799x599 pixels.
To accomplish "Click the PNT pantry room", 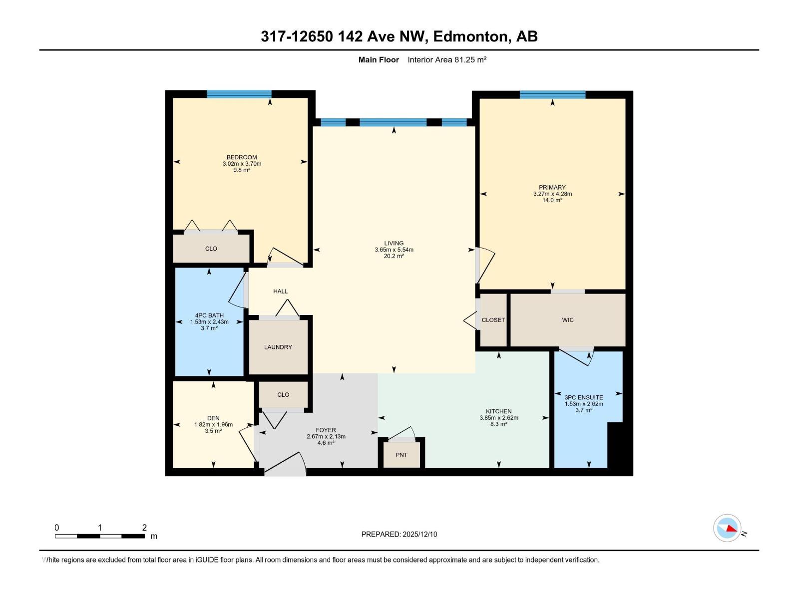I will click(401, 455).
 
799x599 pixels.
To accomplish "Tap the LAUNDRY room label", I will click(278, 347).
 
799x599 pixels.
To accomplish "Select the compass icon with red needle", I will click(727, 528).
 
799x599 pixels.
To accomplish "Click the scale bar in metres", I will click(99, 536).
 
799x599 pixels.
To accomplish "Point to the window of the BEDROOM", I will click(239, 94).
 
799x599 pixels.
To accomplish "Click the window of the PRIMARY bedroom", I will click(552, 94).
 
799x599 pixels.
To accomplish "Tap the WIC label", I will click(568, 320).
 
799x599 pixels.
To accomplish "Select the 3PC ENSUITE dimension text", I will click(584, 404).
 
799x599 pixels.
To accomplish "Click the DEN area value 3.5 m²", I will click(213, 431).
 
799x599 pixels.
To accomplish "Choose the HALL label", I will click(280, 291).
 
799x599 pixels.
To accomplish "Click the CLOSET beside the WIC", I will click(493, 320).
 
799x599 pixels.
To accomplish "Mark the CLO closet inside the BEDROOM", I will click(211, 249).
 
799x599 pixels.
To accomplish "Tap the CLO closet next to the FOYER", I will click(283, 394).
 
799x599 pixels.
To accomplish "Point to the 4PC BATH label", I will click(209, 315).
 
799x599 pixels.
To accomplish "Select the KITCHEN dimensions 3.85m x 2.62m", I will click(499, 418).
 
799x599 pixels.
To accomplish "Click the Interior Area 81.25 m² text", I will click(447, 60).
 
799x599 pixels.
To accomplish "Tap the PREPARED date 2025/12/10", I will click(419, 534).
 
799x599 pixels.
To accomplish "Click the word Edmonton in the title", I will click(469, 36).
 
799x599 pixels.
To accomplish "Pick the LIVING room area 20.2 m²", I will click(394, 256).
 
